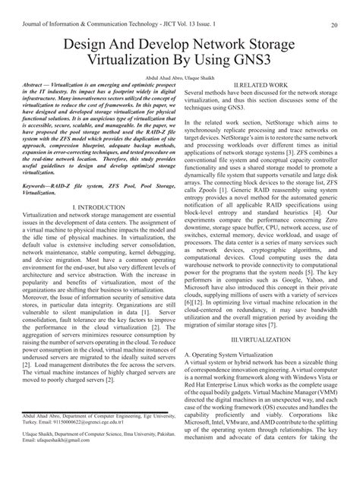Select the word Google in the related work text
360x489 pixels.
tap(264, 289)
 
